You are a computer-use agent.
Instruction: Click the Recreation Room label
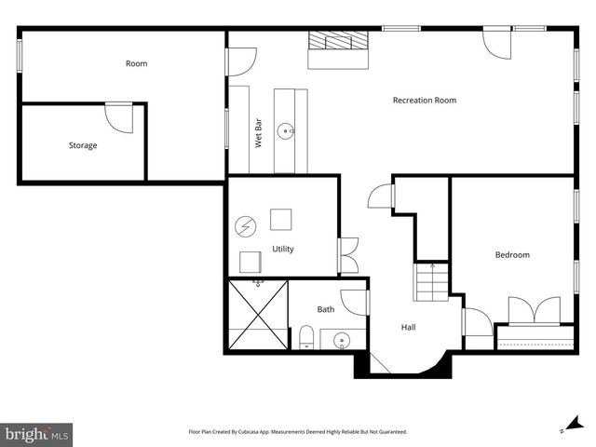(424, 100)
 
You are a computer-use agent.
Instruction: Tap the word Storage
(82, 145)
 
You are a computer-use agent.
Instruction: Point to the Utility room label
(283, 249)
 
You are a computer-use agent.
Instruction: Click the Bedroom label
(511, 254)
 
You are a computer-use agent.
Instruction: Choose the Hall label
(408, 327)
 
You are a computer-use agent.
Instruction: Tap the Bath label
(325, 309)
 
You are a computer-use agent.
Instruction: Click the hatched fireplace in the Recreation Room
(339, 42)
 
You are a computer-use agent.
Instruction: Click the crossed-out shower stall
(257, 314)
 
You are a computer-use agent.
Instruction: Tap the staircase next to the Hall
(431, 280)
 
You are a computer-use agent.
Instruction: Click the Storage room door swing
(120, 117)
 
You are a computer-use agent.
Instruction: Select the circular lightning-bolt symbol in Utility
(245, 226)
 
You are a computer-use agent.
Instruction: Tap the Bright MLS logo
(37, 434)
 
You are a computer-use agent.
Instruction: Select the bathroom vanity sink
(342, 341)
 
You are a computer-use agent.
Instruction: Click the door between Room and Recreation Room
(241, 61)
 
